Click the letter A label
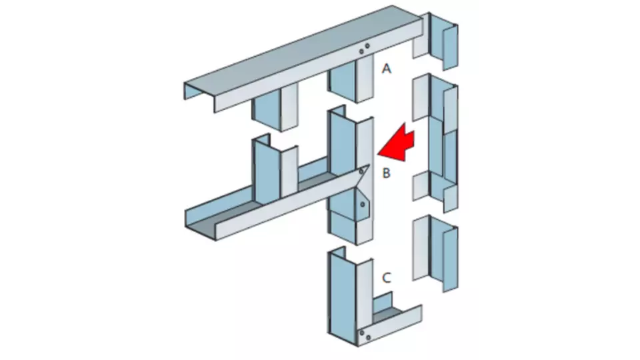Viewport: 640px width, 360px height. (386, 69)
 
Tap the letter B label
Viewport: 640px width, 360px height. (386, 173)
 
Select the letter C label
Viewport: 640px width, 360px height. (387, 278)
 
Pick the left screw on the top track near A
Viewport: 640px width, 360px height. (361, 52)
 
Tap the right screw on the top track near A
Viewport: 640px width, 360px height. (367, 46)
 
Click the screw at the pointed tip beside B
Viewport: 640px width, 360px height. (361, 172)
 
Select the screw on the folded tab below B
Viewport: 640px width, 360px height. (363, 204)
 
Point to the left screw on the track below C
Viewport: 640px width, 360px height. (361, 333)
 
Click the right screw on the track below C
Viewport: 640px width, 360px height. (368, 337)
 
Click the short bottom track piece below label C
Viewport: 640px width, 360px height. (390, 323)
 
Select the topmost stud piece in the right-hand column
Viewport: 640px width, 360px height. (436, 40)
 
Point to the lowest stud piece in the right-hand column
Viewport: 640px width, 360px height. (436, 253)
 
